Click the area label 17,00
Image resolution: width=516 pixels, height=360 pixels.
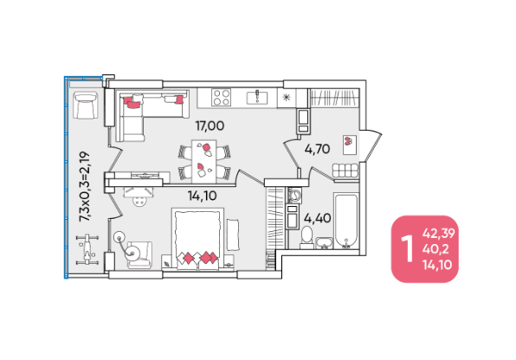pyautogui.click(x=210, y=125)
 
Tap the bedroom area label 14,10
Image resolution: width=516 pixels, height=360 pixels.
pyautogui.click(x=202, y=196)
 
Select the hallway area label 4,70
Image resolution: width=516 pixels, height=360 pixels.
pyautogui.click(x=317, y=149)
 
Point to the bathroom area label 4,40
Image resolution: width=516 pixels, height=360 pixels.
pyautogui.click(x=317, y=218)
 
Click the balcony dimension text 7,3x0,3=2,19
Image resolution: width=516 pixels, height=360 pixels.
pyautogui.click(x=84, y=186)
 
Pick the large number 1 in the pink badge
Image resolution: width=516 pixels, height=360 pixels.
pyautogui.click(x=408, y=249)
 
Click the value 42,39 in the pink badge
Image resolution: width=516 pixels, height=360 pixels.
pyautogui.click(x=439, y=234)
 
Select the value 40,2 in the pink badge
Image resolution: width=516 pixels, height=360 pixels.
pyautogui.click(x=435, y=249)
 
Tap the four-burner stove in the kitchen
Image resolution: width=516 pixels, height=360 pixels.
pyautogui.click(x=221, y=98)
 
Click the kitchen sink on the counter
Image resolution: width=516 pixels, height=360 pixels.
pyautogui.click(x=257, y=98)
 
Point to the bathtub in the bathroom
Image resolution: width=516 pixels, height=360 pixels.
pyautogui.click(x=345, y=222)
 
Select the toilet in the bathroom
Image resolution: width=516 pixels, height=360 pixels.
pyautogui.click(x=307, y=237)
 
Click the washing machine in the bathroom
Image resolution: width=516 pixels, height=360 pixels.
pyautogui.click(x=293, y=195)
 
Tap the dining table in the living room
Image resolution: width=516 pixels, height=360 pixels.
pyautogui.click(x=204, y=161)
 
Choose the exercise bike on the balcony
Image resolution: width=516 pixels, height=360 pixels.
pyautogui.click(x=87, y=249)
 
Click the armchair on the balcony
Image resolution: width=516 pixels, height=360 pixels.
pyautogui.click(x=86, y=105)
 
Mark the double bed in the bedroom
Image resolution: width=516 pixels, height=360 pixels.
pyautogui.click(x=197, y=239)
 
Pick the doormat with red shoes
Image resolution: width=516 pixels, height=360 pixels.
pyautogui.click(x=350, y=145)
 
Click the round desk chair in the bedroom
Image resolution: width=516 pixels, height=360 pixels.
pyautogui.click(x=139, y=201)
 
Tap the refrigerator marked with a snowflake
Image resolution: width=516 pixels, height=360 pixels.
pyautogui.click(x=287, y=98)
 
